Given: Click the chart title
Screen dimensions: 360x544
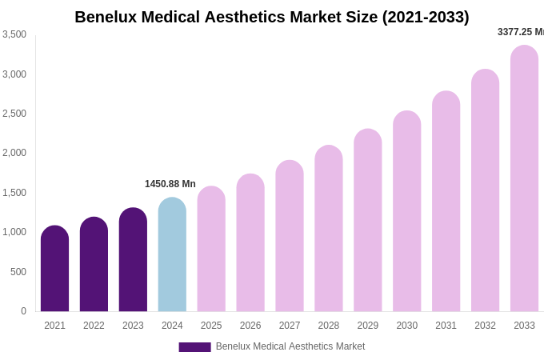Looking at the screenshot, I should tap(272, 17).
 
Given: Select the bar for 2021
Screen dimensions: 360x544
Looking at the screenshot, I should tap(54, 269).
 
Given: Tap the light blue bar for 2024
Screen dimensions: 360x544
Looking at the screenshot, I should tap(172, 254).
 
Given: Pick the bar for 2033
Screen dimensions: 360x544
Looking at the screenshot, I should tap(524, 178).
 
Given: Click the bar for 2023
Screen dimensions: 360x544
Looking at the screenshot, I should tap(133, 260).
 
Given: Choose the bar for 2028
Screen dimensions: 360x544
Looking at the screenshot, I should tap(329, 229).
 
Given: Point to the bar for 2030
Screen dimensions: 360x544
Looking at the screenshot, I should tap(406, 211).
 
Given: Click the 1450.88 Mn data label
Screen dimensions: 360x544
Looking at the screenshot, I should tap(170, 184).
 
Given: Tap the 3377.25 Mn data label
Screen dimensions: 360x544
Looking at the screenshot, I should tap(520, 32).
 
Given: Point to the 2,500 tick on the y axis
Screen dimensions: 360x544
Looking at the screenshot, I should tap(15, 114).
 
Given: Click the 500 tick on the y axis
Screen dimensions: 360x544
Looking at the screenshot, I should tap(18, 272).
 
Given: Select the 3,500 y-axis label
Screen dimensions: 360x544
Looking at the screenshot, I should tap(15, 34).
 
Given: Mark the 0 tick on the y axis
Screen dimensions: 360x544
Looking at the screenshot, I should tap(23, 311).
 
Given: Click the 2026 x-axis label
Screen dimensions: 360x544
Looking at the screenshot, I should tap(250, 326).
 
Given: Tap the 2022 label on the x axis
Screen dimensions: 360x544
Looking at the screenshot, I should tap(94, 326).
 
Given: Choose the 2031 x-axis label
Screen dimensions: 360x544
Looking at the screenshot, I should tap(446, 326).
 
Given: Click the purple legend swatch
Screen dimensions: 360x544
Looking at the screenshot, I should tap(194, 347).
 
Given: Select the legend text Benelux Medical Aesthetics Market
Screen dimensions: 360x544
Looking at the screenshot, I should tap(290, 346).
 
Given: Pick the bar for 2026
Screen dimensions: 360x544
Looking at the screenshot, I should tap(250, 243).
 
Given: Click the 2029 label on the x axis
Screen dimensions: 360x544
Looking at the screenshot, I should tap(368, 326).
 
